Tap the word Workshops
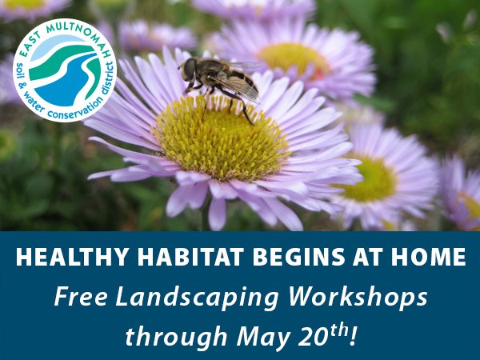[x=358, y=296]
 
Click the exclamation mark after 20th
[x=354, y=335]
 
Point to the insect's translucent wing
[x=238, y=87]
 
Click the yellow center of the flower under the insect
[x=220, y=138]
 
